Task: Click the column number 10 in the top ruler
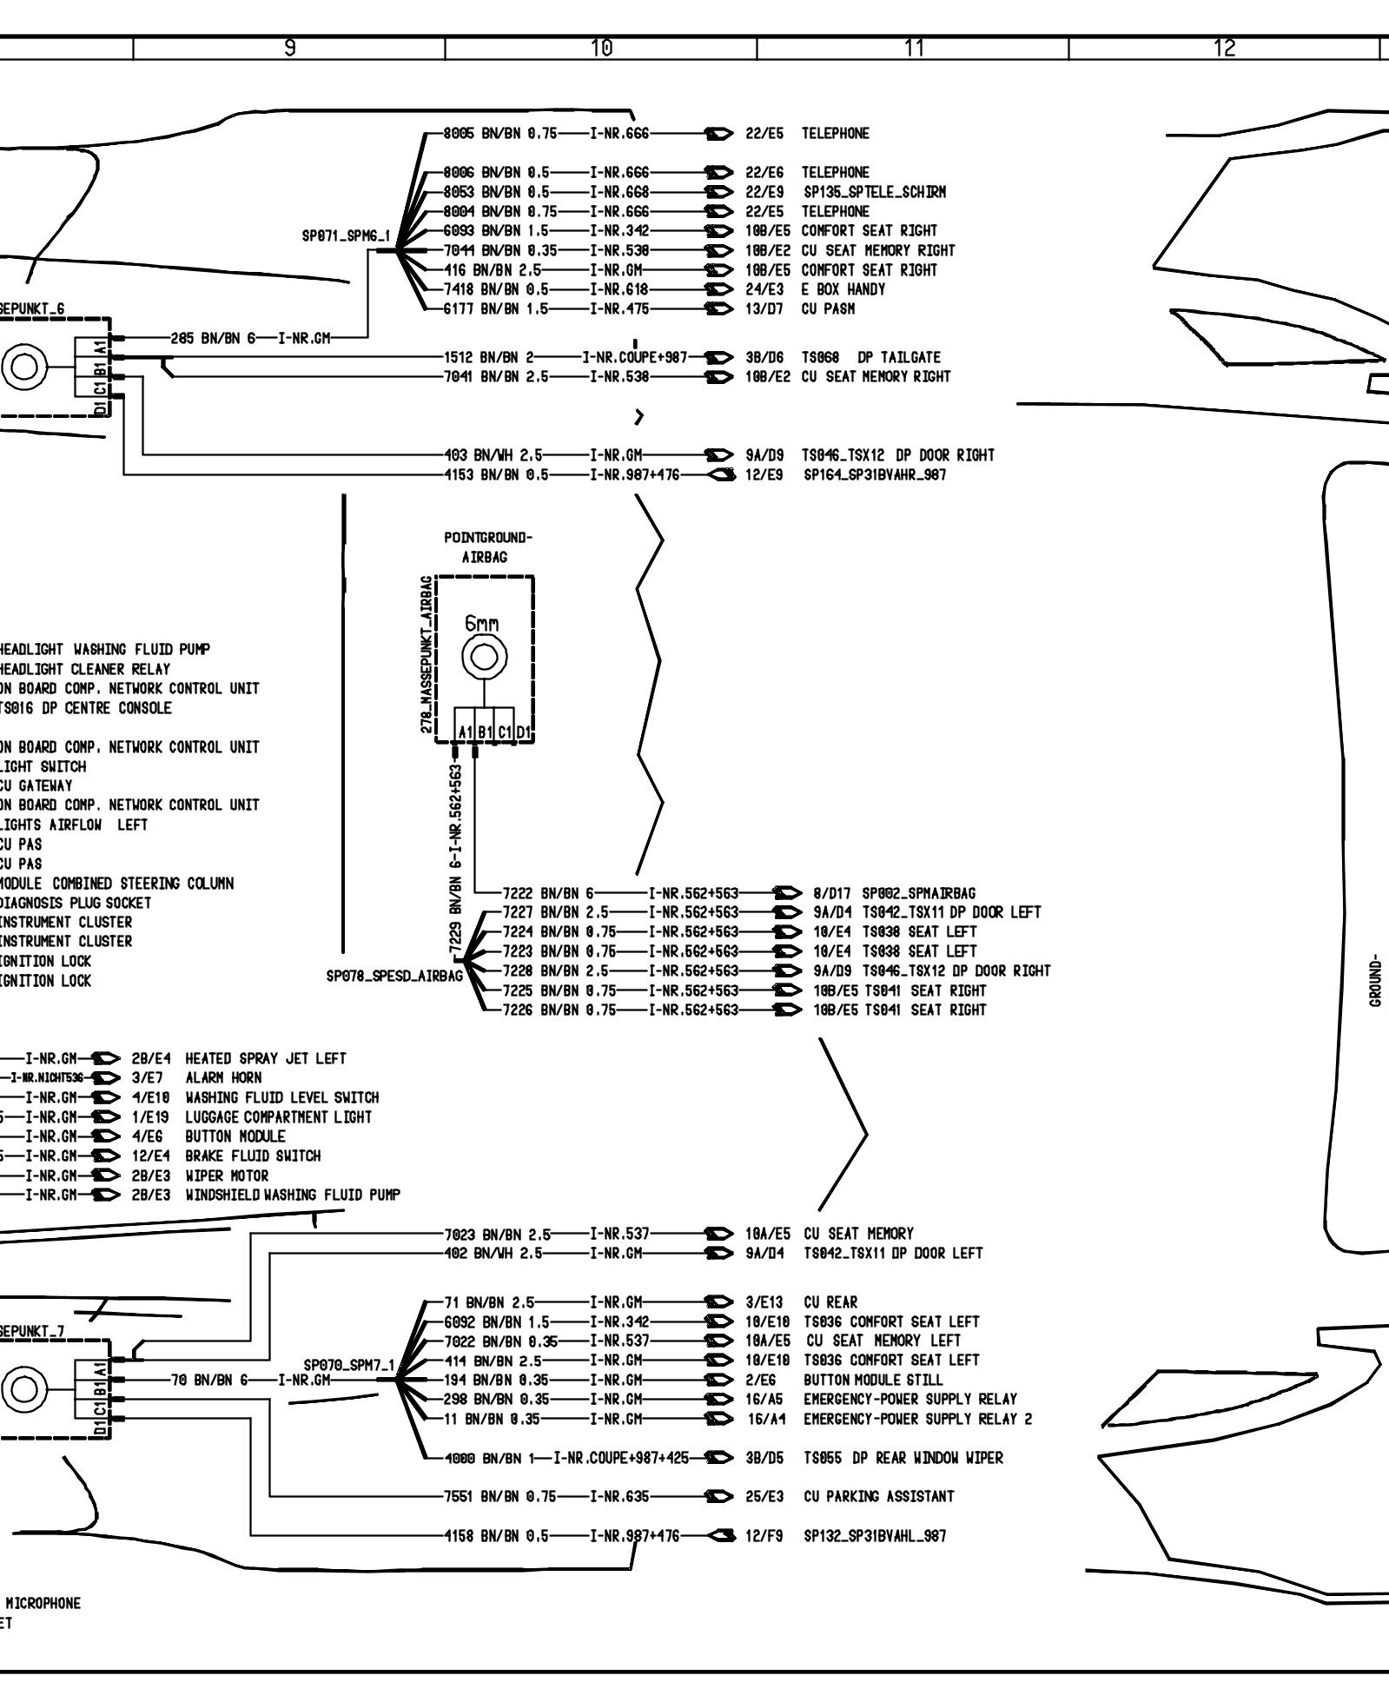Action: (x=601, y=49)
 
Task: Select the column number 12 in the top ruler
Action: (x=1224, y=49)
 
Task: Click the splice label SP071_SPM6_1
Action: (x=346, y=236)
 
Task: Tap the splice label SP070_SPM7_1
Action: (x=347, y=1365)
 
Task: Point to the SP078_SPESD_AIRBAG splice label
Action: (x=394, y=976)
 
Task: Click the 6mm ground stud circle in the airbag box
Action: (x=485, y=658)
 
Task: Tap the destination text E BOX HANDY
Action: (x=843, y=289)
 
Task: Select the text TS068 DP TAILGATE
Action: (x=871, y=357)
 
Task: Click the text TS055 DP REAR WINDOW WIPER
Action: (x=903, y=1458)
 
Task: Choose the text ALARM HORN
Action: (x=223, y=1077)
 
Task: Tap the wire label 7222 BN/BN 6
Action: (x=548, y=893)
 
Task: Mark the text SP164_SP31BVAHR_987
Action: (x=875, y=474)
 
